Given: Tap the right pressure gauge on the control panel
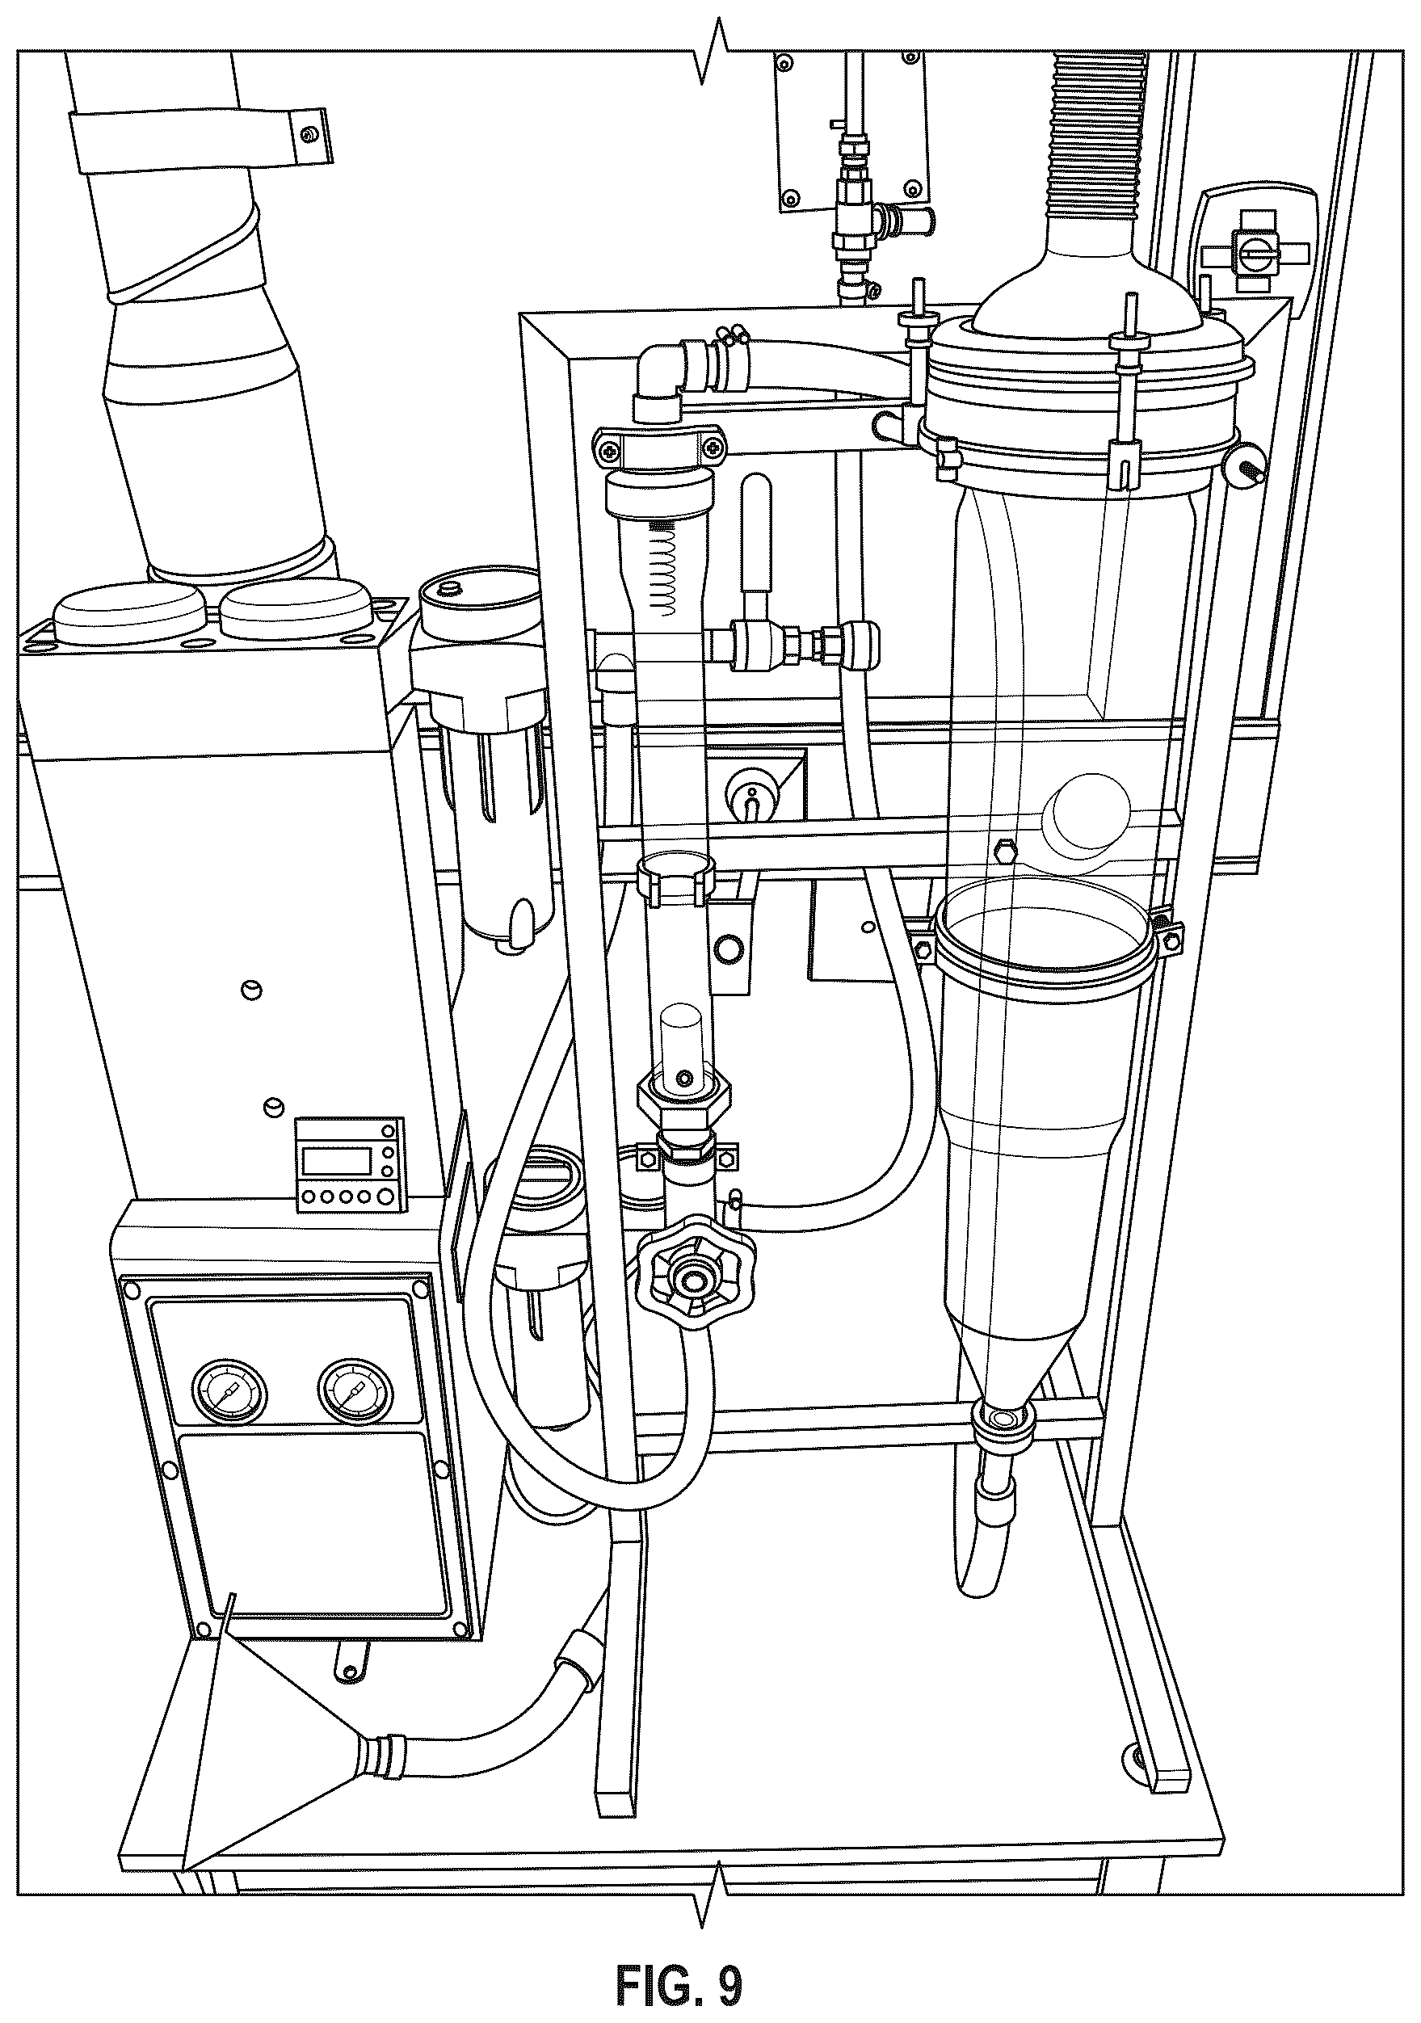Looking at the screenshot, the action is click(x=355, y=1390).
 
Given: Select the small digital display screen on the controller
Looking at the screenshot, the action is click(x=337, y=1159).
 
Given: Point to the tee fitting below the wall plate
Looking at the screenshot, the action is click(x=868, y=216).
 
